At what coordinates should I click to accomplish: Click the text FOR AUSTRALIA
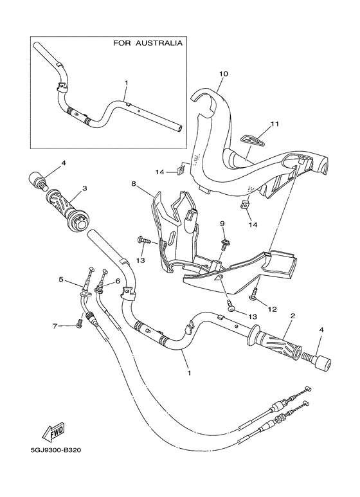(x=147, y=44)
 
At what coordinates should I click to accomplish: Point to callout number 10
(x=223, y=74)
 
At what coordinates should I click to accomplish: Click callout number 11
(x=274, y=123)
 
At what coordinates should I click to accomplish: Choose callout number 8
(x=134, y=183)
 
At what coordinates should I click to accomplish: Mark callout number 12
(x=272, y=309)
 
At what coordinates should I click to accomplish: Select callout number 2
(x=292, y=316)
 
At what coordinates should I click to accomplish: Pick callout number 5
(x=60, y=280)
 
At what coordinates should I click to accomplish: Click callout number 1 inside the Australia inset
(x=127, y=83)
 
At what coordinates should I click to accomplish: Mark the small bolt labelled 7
(x=78, y=323)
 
